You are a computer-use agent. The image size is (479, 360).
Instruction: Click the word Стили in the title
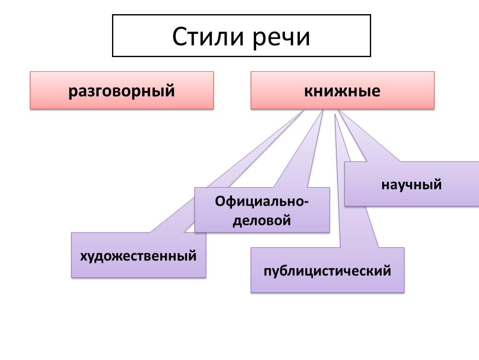[x=209, y=37]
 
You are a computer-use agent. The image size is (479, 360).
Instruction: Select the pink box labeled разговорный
[x=122, y=90]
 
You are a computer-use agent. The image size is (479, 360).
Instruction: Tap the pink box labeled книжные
[x=342, y=90]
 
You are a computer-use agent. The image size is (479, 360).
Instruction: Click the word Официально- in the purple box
[x=262, y=202]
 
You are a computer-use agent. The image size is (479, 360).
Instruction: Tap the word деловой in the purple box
[x=262, y=220]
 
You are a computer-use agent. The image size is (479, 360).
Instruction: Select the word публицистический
[x=327, y=271]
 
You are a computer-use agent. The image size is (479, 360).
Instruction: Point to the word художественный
[x=138, y=255]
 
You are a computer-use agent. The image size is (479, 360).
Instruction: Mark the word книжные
[x=342, y=90]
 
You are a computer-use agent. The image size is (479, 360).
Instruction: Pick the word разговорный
[x=122, y=90]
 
